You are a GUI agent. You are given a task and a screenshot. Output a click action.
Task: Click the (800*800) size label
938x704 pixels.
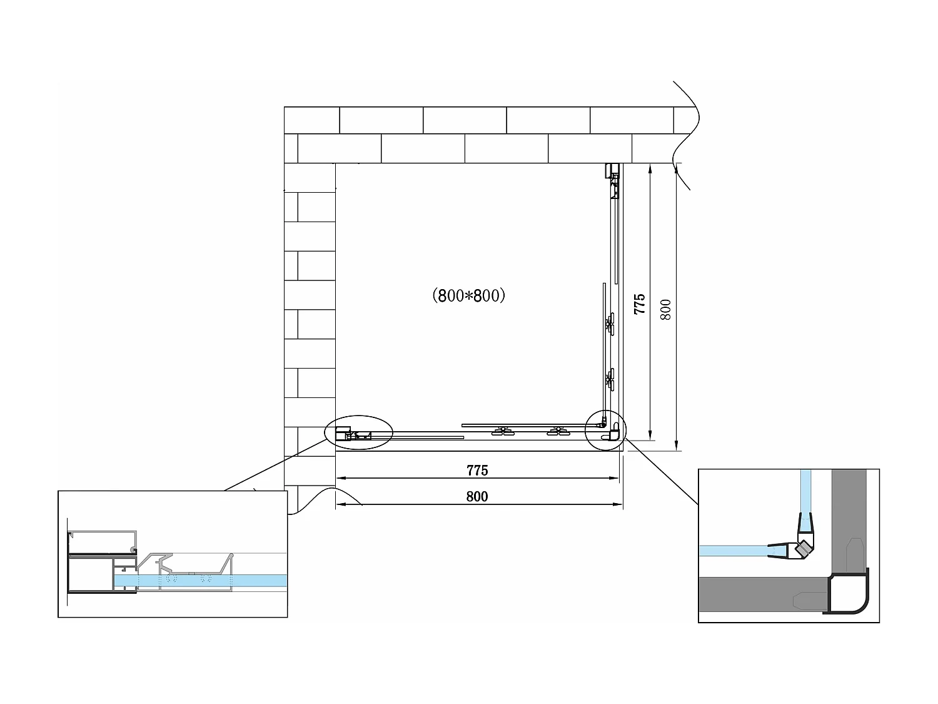(468, 295)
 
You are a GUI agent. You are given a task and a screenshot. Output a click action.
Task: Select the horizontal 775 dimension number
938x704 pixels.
(477, 471)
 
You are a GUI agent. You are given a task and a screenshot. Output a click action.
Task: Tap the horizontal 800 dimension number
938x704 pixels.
(477, 497)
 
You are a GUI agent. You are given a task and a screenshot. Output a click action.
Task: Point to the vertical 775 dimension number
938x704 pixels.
(639, 304)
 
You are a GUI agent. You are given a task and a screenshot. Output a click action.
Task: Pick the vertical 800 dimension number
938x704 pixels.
(666, 310)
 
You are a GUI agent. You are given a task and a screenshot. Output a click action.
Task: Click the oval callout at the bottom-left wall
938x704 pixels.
(359, 431)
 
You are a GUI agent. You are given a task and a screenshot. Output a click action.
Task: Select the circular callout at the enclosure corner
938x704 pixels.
(604, 430)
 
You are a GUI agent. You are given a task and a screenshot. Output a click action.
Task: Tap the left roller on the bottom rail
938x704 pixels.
(500, 431)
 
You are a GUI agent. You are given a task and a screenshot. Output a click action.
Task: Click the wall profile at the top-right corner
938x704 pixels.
(613, 170)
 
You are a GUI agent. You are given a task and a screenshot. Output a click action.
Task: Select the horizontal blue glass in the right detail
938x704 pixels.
(732, 551)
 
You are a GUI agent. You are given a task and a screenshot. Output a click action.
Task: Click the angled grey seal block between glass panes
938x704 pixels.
(803, 550)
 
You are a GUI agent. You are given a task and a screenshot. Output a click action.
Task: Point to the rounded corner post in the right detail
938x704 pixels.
(849, 596)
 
